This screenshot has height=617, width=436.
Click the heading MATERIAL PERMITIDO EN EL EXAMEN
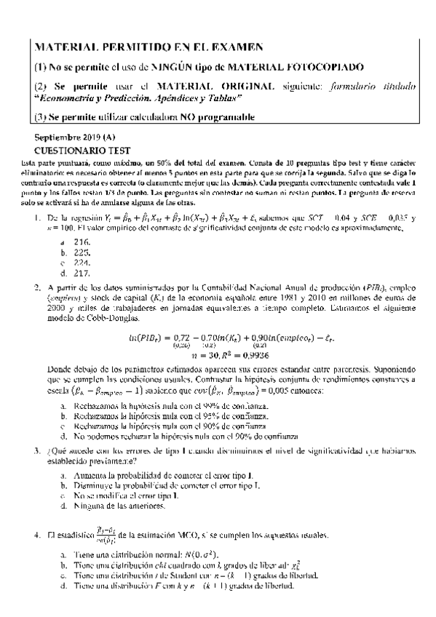pos(148,48)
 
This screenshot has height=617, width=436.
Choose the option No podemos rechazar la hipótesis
pos(185,437)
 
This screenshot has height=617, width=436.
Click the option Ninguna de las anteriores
pos(120,506)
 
